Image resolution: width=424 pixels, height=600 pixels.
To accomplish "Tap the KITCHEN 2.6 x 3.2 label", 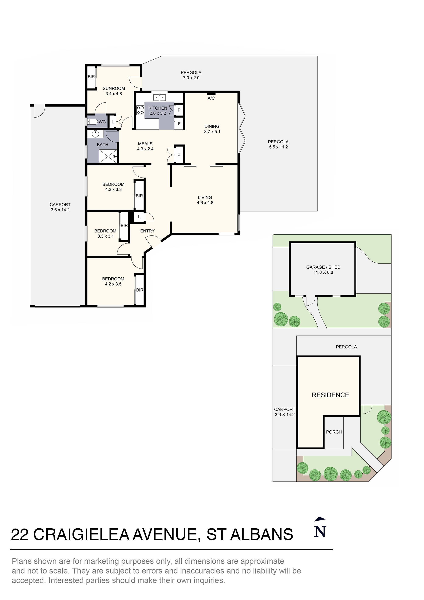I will (x=158, y=110).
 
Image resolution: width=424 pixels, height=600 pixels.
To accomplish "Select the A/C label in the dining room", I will (x=211, y=98).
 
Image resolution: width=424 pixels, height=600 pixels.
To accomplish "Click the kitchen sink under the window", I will (x=159, y=98).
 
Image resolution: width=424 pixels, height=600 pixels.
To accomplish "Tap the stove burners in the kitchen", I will (x=140, y=110).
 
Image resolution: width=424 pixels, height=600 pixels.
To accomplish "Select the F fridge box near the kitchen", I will (x=179, y=124).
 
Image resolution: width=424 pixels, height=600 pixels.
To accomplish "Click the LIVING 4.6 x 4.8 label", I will (x=205, y=200).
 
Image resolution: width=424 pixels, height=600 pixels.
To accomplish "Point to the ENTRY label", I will (x=147, y=231).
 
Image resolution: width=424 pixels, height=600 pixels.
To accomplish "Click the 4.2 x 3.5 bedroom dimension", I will (x=113, y=284).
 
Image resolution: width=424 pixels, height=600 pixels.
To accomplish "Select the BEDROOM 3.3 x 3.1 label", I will (x=105, y=233).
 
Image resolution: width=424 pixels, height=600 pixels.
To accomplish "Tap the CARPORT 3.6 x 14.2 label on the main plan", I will (x=60, y=207).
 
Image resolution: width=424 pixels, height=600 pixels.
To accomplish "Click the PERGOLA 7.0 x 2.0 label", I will (x=191, y=75).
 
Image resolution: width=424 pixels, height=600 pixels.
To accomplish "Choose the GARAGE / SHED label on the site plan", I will (x=323, y=267).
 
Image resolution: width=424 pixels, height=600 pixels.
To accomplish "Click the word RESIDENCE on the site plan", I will (x=330, y=395).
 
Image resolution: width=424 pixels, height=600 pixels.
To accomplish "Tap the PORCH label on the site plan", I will (x=334, y=432).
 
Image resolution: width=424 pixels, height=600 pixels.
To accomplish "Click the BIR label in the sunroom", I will (x=91, y=77).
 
